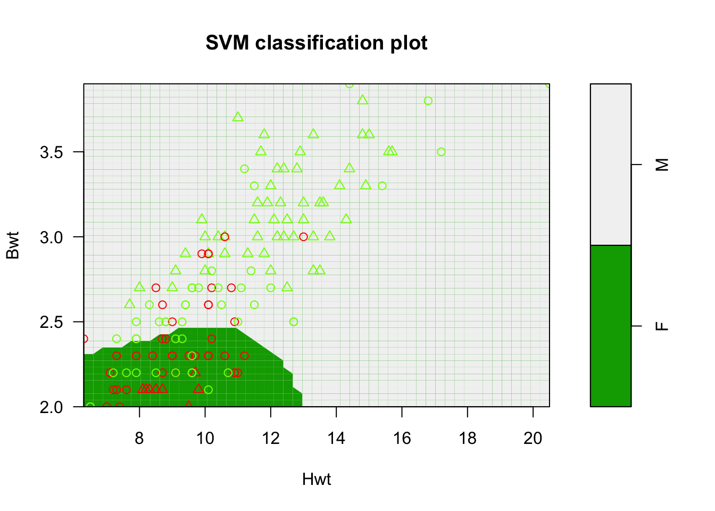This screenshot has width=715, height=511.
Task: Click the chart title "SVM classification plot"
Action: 317,43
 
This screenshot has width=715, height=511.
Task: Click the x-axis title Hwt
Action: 317,479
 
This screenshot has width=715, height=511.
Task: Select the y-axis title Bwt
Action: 12,245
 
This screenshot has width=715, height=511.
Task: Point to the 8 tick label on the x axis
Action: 139,438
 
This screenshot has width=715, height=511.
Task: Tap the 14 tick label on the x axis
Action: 336,438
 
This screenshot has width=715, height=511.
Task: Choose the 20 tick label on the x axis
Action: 533,438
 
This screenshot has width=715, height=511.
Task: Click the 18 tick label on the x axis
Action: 468,438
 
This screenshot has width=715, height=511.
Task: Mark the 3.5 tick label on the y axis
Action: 52,152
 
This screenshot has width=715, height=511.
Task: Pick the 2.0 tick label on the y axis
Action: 52,407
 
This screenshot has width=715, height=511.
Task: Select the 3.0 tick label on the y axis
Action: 52,237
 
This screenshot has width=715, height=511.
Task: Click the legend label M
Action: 662,165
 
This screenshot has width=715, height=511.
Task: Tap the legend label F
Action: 662,326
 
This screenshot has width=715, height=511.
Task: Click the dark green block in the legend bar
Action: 611,326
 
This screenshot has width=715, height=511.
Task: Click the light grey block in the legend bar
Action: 611,165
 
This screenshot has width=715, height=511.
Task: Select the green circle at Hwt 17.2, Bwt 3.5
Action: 441,152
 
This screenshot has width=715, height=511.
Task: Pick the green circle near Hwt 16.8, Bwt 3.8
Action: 428,101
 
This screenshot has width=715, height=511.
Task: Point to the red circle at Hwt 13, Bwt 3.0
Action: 303,237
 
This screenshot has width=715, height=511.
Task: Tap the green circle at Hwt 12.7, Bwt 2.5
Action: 294,322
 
